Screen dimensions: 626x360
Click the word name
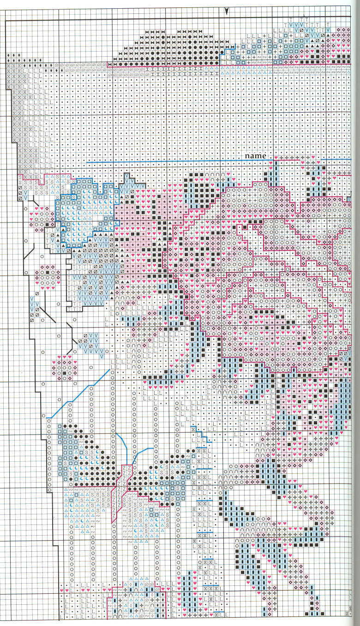click(x=255, y=156)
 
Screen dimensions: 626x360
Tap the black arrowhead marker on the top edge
click(x=226, y=11)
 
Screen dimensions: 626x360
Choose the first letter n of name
click(x=247, y=156)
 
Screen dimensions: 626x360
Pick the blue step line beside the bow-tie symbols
click(x=229, y=48)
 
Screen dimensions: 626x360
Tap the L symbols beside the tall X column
click(x=32, y=115)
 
